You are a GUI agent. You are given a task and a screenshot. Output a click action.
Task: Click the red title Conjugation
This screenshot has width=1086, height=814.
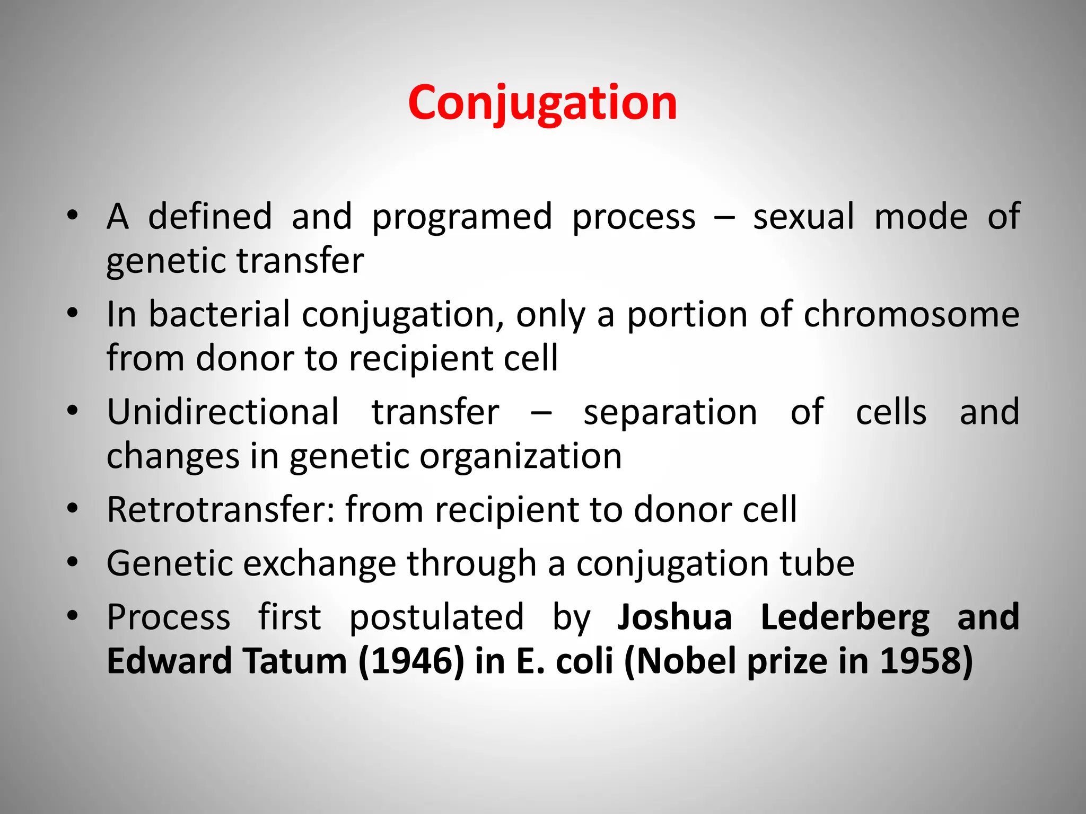point(542,103)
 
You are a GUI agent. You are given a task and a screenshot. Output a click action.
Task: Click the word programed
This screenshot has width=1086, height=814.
point(462,217)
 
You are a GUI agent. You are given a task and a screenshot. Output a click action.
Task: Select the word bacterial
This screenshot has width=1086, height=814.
point(219,314)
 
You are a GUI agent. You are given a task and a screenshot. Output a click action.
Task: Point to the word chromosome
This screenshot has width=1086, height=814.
point(911,314)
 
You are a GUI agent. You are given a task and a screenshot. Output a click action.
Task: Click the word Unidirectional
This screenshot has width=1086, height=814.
point(223,412)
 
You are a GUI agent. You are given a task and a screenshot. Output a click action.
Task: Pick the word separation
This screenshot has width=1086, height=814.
point(670,413)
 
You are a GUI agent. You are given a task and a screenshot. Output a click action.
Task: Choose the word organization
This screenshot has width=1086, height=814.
point(520,456)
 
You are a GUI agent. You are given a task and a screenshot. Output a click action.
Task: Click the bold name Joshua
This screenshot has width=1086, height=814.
point(675,617)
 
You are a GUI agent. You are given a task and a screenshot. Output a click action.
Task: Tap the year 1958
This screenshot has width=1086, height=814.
point(926,661)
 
